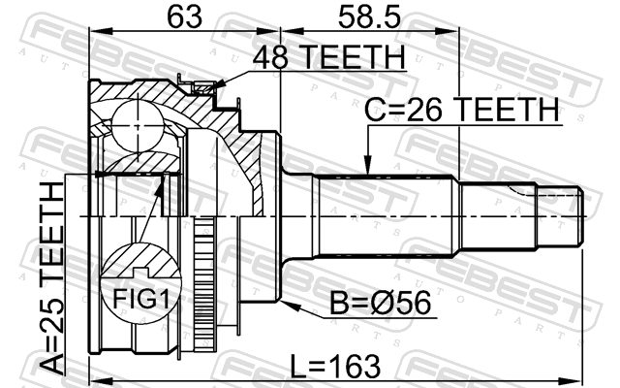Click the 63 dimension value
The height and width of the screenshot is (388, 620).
point(184,16)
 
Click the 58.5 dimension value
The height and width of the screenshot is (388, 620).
point(369,16)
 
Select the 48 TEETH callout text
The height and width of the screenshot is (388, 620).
point(329,57)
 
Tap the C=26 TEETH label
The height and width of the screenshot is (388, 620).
point(461,110)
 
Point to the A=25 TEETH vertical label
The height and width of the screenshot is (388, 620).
point(52,278)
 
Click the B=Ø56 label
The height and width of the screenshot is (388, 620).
point(381,303)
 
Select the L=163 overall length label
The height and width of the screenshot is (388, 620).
point(335,367)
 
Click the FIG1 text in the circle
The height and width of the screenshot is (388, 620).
point(141,299)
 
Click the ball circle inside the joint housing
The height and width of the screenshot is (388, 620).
point(138,125)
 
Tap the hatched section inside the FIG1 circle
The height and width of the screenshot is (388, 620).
point(140,261)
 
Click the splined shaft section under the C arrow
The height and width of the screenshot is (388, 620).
point(386,216)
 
